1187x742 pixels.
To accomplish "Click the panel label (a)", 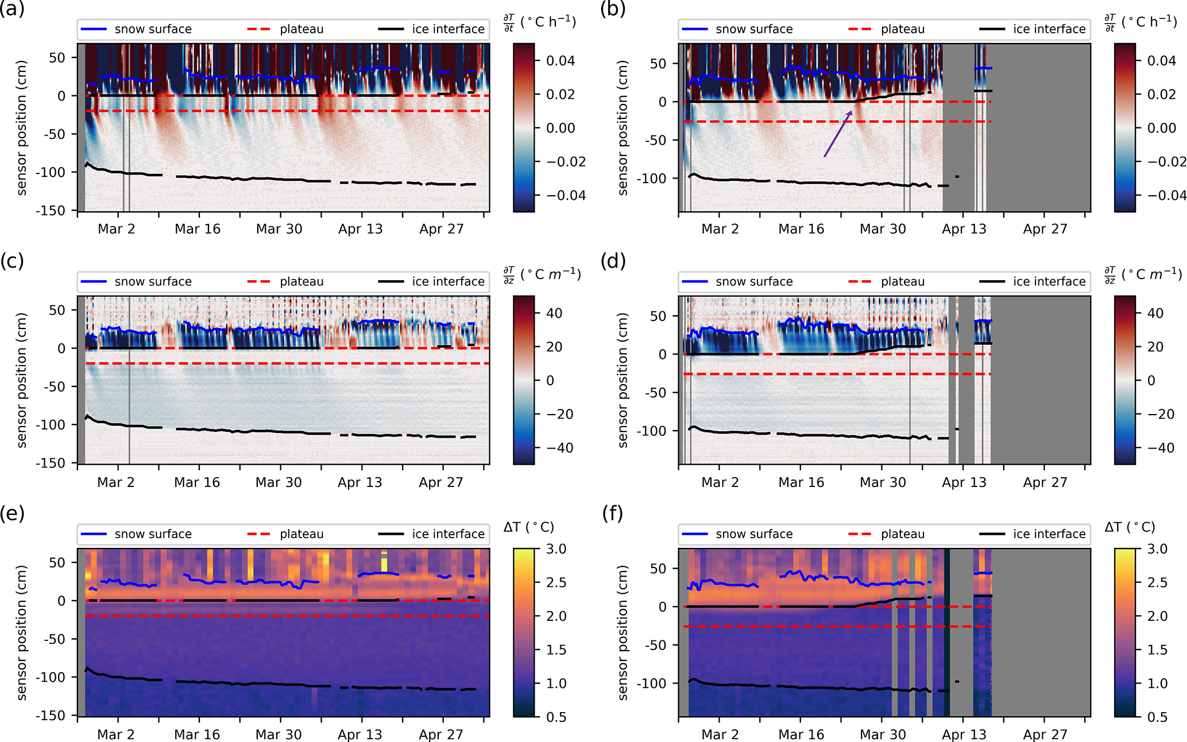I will (x=12, y=9).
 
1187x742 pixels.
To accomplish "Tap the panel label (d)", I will (x=613, y=261).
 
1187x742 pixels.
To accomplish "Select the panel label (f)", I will (x=613, y=513).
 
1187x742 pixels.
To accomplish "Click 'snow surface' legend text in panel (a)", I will (x=153, y=29).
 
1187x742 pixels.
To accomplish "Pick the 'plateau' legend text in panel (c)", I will (x=301, y=282).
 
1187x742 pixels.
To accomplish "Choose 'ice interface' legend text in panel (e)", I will (x=448, y=534).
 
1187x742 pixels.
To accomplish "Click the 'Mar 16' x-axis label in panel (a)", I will (x=198, y=229).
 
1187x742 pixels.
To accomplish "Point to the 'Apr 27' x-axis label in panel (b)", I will (x=1045, y=229).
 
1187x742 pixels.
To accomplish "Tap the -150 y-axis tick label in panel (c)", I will (x=50, y=463).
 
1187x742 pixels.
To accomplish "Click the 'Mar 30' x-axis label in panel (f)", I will (x=882, y=735).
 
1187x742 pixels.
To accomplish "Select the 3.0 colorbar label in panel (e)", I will (x=556, y=549).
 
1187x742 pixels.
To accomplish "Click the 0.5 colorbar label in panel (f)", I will (x=1157, y=717).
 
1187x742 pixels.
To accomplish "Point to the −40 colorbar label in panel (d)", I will (x=1159, y=448).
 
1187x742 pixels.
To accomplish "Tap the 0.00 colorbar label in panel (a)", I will (x=560, y=128).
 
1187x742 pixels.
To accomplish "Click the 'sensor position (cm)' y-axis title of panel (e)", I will (x=22, y=632).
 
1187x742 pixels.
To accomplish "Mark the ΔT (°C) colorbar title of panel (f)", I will (x=1129, y=527).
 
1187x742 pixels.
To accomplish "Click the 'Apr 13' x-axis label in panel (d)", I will (x=964, y=482).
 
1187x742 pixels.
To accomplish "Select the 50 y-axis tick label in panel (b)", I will (x=658, y=64).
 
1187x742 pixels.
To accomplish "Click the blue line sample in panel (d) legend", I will (x=695, y=282).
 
